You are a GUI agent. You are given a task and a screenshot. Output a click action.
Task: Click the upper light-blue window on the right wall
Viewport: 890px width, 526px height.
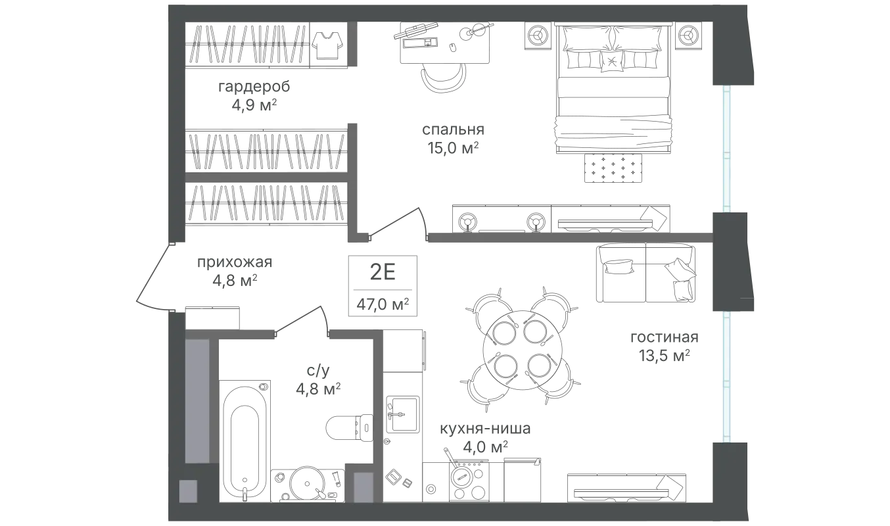(726, 149)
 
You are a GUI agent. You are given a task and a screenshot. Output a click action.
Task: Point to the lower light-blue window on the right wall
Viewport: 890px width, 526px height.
(726, 377)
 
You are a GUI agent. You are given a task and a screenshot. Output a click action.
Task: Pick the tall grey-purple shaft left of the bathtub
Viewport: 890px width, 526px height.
(197, 401)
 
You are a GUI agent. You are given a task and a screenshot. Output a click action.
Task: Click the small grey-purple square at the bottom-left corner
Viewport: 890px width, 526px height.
(188, 490)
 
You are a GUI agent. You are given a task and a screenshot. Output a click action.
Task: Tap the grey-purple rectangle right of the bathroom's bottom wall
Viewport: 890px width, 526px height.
(363, 487)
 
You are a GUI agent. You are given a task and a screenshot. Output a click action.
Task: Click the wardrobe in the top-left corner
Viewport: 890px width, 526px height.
(267, 45)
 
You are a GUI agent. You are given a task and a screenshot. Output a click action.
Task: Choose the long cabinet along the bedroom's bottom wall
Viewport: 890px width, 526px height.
(563, 216)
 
